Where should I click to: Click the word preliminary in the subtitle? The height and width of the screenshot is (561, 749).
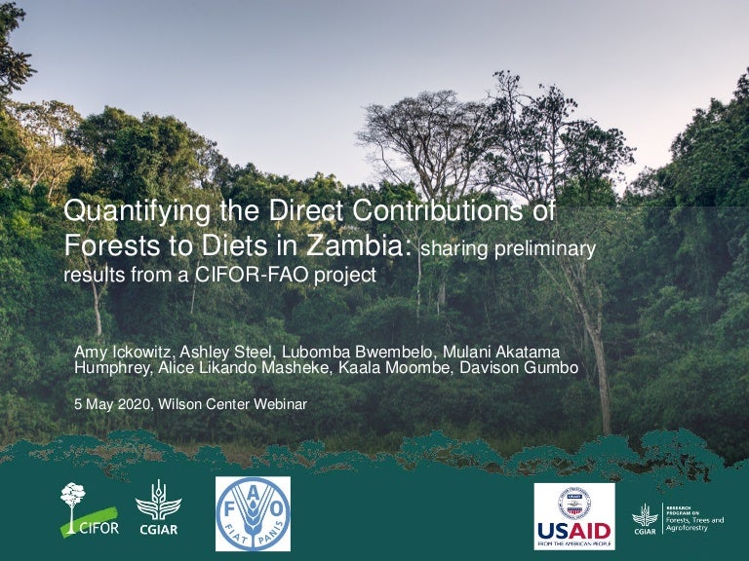[x=546, y=249]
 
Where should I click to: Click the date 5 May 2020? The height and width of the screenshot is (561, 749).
[x=109, y=403]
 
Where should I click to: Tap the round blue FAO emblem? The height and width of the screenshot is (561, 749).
[x=253, y=513]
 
